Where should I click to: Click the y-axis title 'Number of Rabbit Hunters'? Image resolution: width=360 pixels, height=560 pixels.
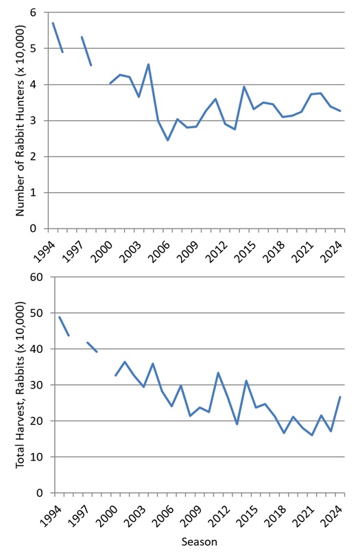pos(22,121)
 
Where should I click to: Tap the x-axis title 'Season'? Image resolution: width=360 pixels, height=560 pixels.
pos(199,542)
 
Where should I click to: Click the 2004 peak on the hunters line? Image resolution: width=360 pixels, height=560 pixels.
pos(149,65)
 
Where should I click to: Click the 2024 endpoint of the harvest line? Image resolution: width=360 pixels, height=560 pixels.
pos(340,397)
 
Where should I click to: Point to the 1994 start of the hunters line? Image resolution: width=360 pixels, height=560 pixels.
pos(53,23)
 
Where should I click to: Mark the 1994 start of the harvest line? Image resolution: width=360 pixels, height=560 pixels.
pos(59,317)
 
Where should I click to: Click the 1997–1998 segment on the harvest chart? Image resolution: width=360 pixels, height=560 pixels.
pos(92,347)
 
